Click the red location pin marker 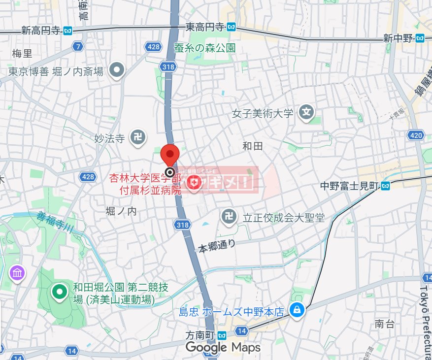(170, 155)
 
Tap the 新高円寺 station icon (68, 30)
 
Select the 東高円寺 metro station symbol (232, 27)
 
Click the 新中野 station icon (420, 38)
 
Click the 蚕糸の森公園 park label (205, 48)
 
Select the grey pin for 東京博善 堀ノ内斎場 (117, 71)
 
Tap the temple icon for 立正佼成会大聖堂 (228, 217)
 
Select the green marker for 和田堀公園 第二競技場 (60, 293)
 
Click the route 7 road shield (77, 47)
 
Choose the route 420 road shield (415, 135)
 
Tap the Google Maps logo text (223, 348)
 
